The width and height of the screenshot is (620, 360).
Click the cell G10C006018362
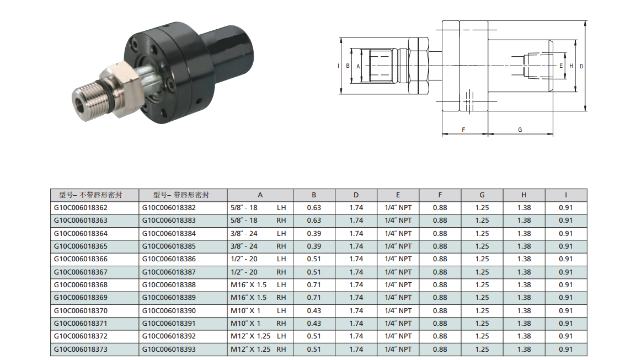click(81, 207)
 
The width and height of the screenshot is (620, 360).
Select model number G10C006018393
click(169, 350)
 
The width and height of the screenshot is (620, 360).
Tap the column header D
click(356, 195)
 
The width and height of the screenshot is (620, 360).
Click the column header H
click(524, 195)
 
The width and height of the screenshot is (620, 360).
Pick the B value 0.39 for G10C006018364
click(314, 234)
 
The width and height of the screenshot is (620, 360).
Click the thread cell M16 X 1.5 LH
click(258, 284)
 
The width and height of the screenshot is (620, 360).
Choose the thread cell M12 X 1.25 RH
click(258, 350)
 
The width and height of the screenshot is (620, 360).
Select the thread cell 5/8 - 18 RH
click(258, 220)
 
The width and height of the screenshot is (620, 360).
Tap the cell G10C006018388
click(169, 284)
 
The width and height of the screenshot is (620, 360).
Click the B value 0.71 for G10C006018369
click(314, 298)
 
